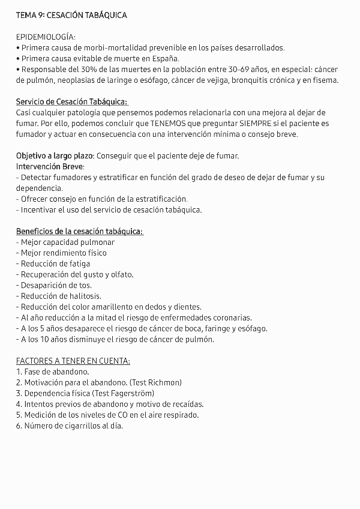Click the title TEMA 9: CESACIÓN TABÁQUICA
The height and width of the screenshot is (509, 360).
click(71, 15)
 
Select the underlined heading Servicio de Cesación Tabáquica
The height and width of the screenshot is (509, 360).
click(72, 102)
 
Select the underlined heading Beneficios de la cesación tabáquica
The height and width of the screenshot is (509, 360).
click(79, 231)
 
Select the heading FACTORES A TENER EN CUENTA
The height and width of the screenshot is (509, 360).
click(73, 361)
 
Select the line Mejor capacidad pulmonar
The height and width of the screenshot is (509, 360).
click(65, 242)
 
